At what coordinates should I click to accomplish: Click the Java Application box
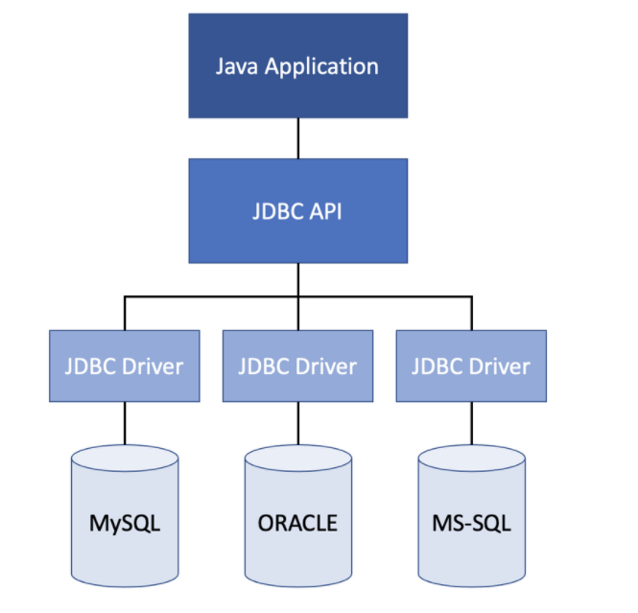coord(298,66)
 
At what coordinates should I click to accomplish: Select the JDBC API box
coord(298,211)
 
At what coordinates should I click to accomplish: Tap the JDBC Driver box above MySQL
coord(125,366)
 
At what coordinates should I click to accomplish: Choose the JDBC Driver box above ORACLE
coord(297,366)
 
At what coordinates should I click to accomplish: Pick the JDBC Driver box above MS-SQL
coord(471,366)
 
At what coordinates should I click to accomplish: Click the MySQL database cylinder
coord(125,516)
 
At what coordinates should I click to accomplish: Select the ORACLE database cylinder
coord(298,516)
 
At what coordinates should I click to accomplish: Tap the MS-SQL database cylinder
coord(472,516)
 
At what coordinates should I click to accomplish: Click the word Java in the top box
coord(236,66)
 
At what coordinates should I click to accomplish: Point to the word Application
coord(321,67)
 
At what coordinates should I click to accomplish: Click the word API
coord(325,211)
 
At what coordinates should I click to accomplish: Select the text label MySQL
coord(125,524)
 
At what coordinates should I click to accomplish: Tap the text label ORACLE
coord(297,523)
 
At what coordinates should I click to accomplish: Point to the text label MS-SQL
coord(472,523)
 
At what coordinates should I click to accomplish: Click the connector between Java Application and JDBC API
coord(298,138)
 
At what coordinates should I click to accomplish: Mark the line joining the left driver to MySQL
coord(125,423)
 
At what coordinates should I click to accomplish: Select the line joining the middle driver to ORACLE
coord(298,423)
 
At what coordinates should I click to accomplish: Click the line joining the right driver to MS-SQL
coord(472,423)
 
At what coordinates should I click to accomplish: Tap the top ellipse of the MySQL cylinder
coord(125,458)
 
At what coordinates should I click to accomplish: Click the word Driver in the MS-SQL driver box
coord(500,366)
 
